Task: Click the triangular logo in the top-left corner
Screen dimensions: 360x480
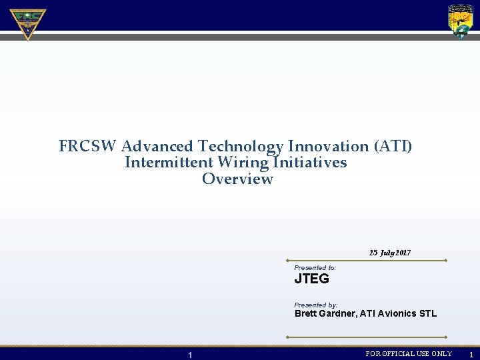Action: pyautogui.click(x=27, y=23)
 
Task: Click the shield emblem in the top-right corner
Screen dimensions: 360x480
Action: pyautogui.click(x=461, y=21)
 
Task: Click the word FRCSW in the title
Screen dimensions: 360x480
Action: pyautogui.click(x=88, y=146)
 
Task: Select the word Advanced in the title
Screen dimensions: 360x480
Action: pyautogui.click(x=157, y=146)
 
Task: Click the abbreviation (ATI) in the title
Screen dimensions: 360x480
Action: pyautogui.click(x=393, y=146)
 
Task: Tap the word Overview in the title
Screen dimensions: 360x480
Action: pyautogui.click(x=237, y=179)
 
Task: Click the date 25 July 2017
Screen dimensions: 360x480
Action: pyautogui.click(x=390, y=253)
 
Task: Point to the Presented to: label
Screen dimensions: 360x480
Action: pyautogui.click(x=315, y=268)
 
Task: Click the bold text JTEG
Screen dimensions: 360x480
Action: pyautogui.click(x=312, y=279)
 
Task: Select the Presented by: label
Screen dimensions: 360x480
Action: pyautogui.click(x=316, y=305)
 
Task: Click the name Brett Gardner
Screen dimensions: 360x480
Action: pyautogui.click(x=325, y=313)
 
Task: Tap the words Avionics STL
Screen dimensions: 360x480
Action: pyautogui.click(x=408, y=313)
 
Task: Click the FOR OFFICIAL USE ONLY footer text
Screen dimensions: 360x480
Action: pyautogui.click(x=409, y=354)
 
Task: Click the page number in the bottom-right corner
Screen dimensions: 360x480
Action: pyautogui.click(x=471, y=355)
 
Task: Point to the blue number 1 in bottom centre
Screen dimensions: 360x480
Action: pyautogui.click(x=190, y=355)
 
